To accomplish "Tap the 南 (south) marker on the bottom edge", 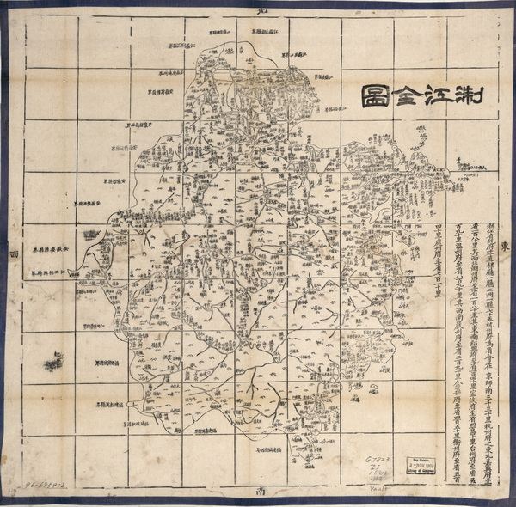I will (x=259, y=492).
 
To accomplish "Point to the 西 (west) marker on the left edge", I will (x=12, y=254).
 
